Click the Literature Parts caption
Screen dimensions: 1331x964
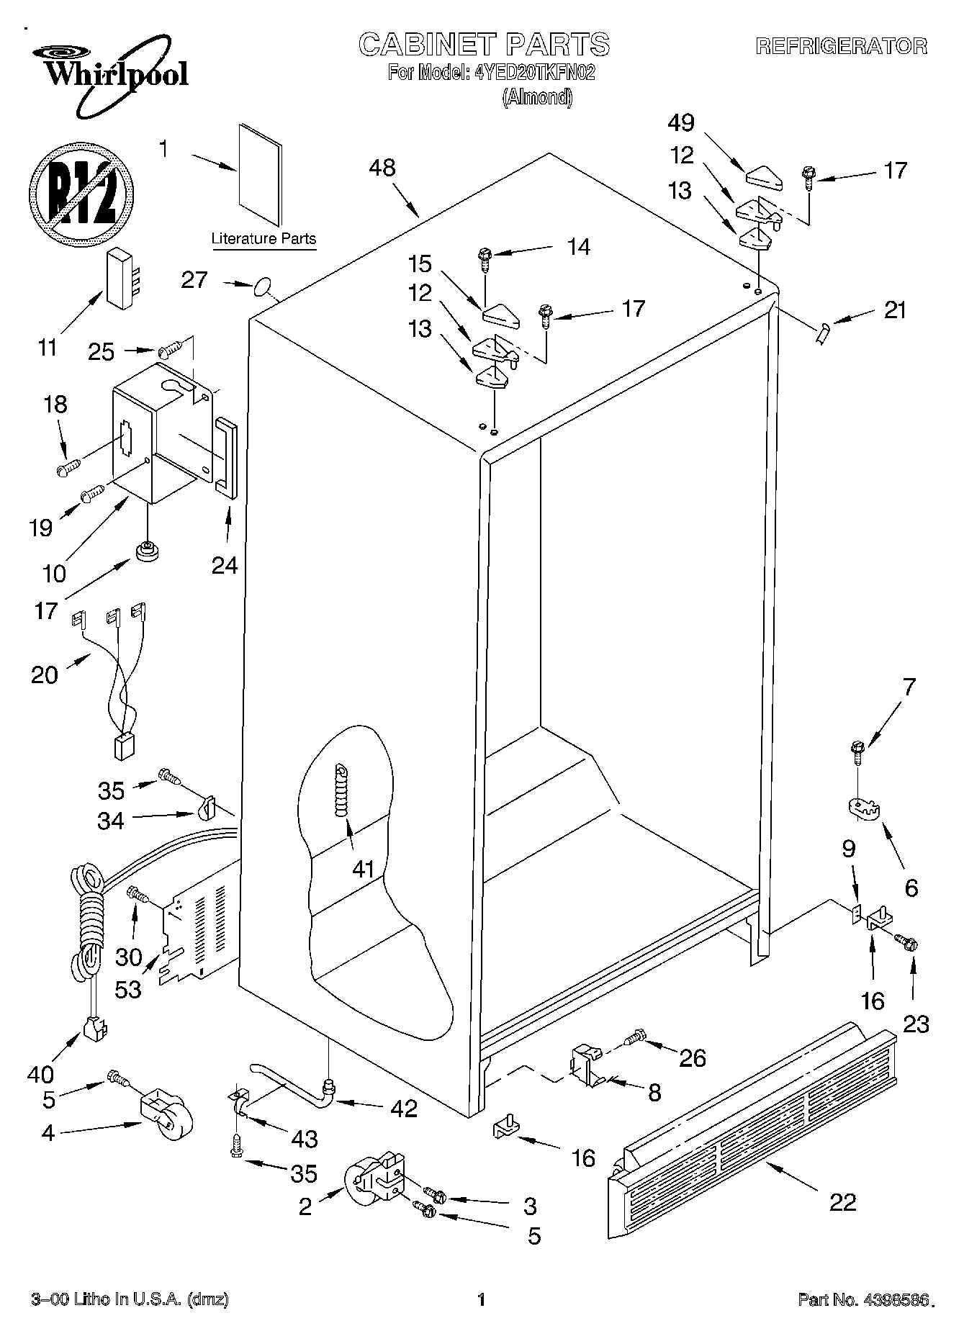pyautogui.click(x=263, y=239)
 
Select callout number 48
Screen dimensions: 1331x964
pyautogui.click(x=382, y=168)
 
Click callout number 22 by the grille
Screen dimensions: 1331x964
pyautogui.click(x=843, y=1201)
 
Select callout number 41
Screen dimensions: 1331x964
pyautogui.click(x=363, y=870)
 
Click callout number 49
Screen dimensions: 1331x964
pyautogui.click(x=680, y=123)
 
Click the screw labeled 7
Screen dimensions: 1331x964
pyautogui.click(x=857, y=752)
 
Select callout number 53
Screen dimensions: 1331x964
pyautogui.click(x=129, y=989)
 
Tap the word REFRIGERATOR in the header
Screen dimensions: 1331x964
pyautogui.click(x=841, y=47)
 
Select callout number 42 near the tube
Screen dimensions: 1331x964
pyautogui.click(x=403, y=1108)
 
